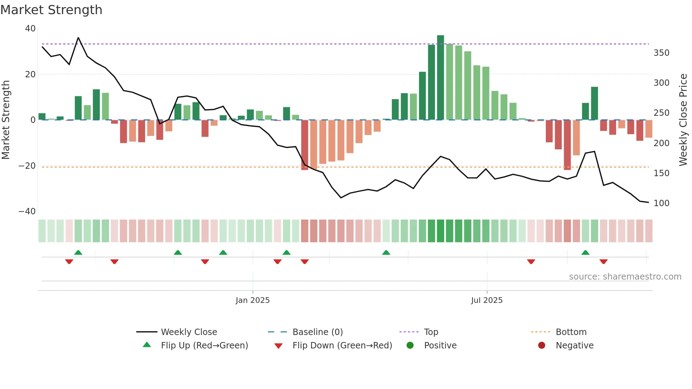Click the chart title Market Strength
(51, 10)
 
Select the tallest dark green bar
(440, 77)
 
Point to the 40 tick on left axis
(30, 29)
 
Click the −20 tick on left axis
(27, 166)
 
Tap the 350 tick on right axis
(661, 53)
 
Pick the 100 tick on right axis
(661, 203)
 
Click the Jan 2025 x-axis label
(252, 300)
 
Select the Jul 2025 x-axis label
(487, 300)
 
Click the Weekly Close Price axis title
(683, 120)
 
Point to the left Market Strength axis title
(6, 120)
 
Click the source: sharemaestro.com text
(625, 277)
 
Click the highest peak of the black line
(78, 38)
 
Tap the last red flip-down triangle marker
(603, 262)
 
